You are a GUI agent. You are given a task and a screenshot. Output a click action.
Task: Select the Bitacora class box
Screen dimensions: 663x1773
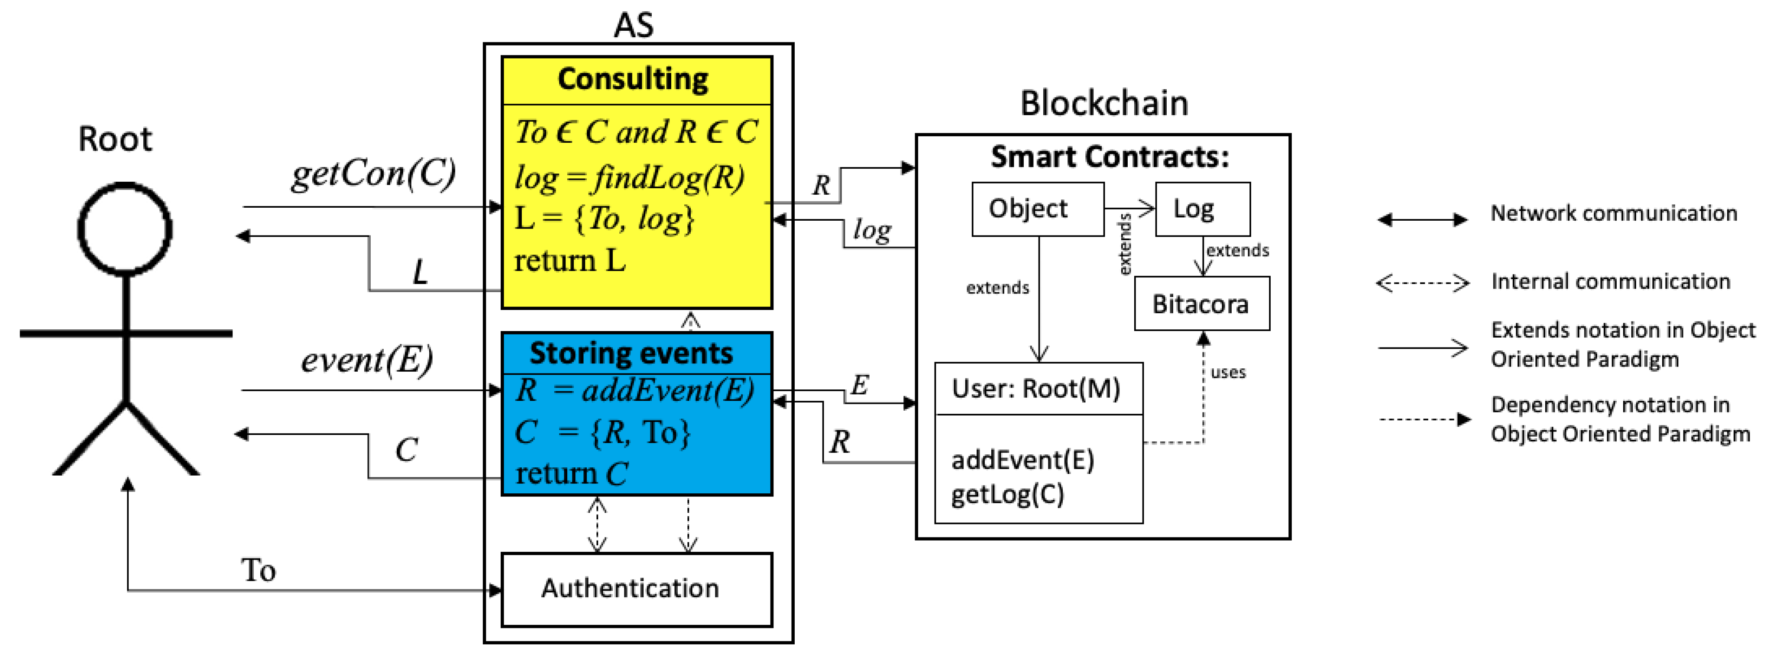point(1201,303)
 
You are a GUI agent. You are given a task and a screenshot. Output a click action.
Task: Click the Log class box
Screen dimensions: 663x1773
point(1202,209)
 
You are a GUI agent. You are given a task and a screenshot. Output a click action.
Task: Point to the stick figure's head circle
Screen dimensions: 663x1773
point(125,229)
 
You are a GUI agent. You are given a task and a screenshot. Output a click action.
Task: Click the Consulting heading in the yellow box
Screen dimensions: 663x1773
point(633,79)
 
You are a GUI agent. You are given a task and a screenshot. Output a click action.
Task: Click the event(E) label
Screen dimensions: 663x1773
point(366,359)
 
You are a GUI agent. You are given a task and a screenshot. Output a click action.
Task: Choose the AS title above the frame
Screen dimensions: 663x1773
point(633,26)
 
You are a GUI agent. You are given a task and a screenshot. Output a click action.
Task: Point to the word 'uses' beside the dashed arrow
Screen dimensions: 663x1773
point(1228,372)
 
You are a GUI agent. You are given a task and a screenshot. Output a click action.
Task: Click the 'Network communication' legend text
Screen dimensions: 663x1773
point(1613,213)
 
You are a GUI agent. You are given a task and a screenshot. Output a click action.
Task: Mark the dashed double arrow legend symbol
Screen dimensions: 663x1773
point(1422,283)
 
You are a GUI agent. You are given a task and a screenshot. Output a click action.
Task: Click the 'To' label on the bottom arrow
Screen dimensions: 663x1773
point(258,570)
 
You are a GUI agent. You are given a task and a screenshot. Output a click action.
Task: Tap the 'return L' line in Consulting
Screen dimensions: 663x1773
point(570,261)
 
